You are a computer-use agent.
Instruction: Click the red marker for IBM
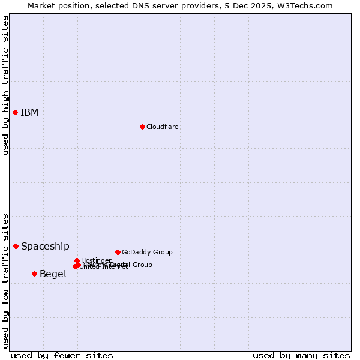[16, 112]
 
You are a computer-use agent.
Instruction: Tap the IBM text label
[29, 113]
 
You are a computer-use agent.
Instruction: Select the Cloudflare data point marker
[142, 127]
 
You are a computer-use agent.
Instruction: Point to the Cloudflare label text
[162, 127]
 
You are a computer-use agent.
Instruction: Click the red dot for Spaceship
[16, 246]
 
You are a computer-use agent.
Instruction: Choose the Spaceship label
[45, 247]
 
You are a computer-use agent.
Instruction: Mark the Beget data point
[34, 274]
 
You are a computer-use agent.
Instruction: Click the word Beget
[53, 274]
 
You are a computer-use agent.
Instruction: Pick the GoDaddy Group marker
[118, 252]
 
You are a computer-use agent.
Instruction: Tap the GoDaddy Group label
[147, 253]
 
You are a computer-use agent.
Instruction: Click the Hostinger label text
[96, 260]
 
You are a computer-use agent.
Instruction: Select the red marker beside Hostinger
[77, 260]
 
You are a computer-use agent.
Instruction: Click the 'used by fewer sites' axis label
[62, 355]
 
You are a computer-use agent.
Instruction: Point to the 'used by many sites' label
[301, 355]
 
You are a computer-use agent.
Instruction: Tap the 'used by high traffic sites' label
[5, 85]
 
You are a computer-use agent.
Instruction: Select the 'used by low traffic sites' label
[5, 281]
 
